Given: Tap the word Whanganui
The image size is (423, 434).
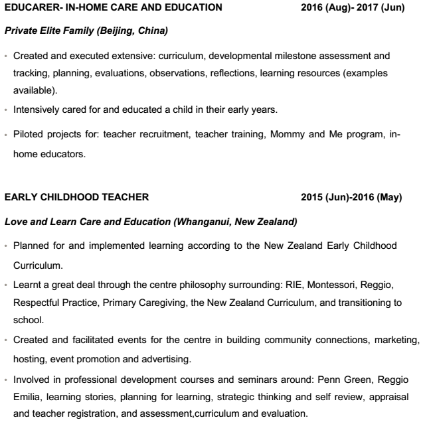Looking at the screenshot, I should pyautogui.click(x=203, y=220).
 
